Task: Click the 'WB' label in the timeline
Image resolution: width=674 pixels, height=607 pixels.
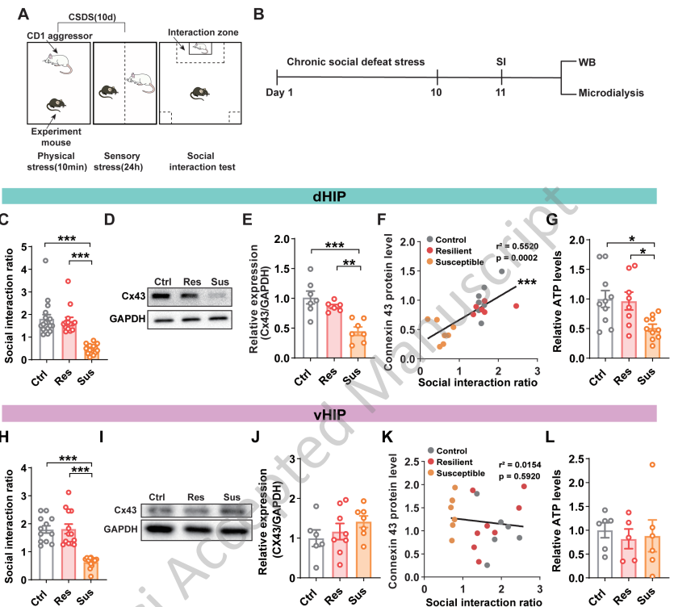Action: (x=588, y=61)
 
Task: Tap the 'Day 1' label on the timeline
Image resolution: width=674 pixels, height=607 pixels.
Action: (x=279, y=92)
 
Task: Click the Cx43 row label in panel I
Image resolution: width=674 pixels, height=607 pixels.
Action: (x=124, y=510)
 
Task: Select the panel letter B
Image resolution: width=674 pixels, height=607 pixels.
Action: (x=258, y=15)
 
